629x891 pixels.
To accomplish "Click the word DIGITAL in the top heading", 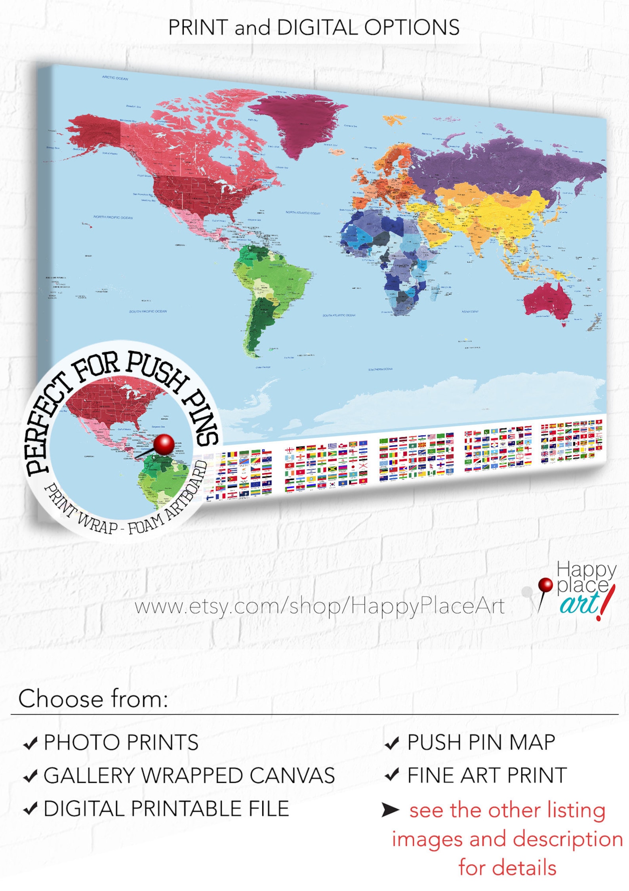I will (318, 28).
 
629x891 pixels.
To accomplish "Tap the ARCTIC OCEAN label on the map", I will (115, 78).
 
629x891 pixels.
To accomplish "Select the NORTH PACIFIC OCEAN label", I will (113, 218).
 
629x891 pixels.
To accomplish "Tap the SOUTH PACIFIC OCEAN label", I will (148, 311).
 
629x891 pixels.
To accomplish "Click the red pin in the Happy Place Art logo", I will (545, 584).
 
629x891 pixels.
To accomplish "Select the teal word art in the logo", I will (579, 604).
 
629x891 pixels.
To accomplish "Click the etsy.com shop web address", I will (319, 607).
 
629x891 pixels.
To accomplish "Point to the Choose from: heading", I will (93, 699).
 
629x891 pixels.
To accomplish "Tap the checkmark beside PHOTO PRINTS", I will (30, 743).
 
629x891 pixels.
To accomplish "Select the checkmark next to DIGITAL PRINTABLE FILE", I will (30, 808).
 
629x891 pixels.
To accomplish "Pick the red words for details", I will (507, 868).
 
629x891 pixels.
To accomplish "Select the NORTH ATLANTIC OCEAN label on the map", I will (303, 213).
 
